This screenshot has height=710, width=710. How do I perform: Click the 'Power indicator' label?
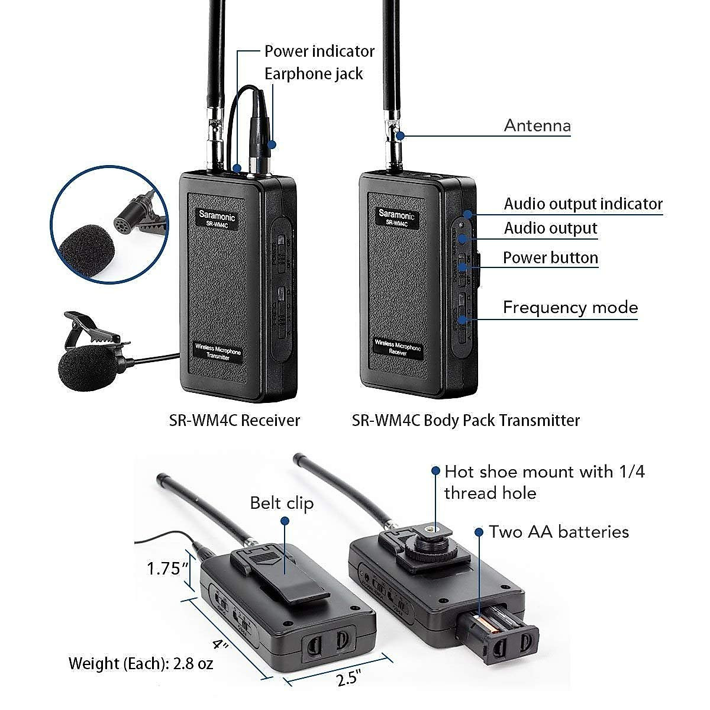coord(319,51)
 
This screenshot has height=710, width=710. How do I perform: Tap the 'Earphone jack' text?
coord(314,74)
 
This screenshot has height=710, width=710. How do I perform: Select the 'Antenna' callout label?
coord(537,125)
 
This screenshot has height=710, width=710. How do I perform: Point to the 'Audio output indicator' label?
coord(583,204)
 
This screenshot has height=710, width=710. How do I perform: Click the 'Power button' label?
coord(550,258)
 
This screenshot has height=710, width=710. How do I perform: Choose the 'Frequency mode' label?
coord(570,308)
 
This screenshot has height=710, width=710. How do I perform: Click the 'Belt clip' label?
coord(282,503)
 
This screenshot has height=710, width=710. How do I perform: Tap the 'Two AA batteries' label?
coord(559,532)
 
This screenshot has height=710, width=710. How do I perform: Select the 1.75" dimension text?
coord(167,569)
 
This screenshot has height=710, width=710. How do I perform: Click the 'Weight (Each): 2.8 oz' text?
coord(140,663)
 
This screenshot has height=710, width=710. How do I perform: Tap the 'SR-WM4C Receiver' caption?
coord(234,421)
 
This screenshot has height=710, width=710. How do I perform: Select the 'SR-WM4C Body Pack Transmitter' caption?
coord(466,421)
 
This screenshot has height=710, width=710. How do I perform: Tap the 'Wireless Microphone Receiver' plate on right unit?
coord(398,347)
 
